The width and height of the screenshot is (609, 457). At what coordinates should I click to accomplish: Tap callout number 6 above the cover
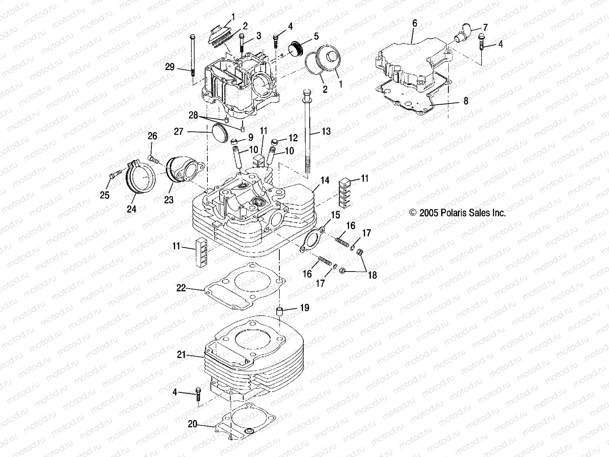point(415,24)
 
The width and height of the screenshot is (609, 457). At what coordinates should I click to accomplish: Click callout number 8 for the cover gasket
point(466,101)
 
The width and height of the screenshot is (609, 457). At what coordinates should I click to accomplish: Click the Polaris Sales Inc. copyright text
point(458,213)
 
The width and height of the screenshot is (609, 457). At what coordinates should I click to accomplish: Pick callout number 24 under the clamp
point(132,209)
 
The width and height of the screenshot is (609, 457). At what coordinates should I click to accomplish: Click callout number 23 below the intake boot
point(169,200)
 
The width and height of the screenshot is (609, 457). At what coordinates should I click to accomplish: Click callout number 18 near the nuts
point(372,275)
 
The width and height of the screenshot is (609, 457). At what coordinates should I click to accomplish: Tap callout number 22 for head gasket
point(181,288)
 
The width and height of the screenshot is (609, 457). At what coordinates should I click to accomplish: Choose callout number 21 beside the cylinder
point(182,355)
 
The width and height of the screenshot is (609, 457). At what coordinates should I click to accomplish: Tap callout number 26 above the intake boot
point(152,136)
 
